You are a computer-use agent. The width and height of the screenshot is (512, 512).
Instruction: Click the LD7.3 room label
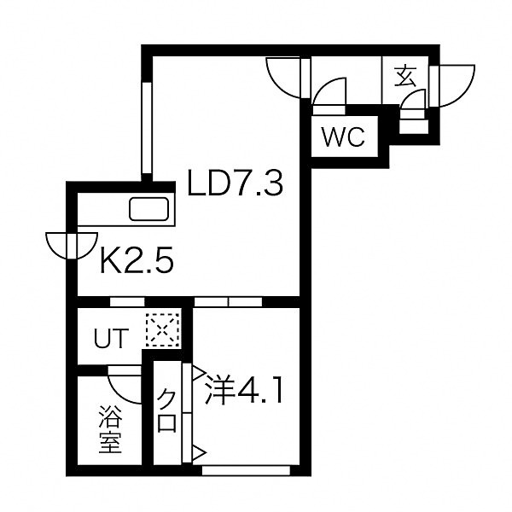236,183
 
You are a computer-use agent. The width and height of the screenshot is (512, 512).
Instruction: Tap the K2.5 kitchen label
137,259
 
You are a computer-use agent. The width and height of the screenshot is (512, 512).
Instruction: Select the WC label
343,137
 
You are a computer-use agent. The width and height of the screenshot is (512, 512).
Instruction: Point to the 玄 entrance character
404,77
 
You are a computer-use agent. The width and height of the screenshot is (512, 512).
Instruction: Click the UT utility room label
111,338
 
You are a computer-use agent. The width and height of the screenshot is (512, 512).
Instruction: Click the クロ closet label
166,410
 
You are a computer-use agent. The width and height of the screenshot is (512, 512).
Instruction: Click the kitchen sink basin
148,209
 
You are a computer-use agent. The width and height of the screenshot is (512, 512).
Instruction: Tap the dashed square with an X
163,330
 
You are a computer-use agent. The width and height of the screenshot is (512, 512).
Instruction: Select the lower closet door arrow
200,453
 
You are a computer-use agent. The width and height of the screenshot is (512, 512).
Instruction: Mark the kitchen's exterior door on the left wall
72,246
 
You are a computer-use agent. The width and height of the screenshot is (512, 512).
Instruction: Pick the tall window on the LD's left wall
147,128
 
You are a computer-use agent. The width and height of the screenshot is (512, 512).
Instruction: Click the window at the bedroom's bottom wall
247,470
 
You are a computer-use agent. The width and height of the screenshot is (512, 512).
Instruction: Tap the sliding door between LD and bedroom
228,302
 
